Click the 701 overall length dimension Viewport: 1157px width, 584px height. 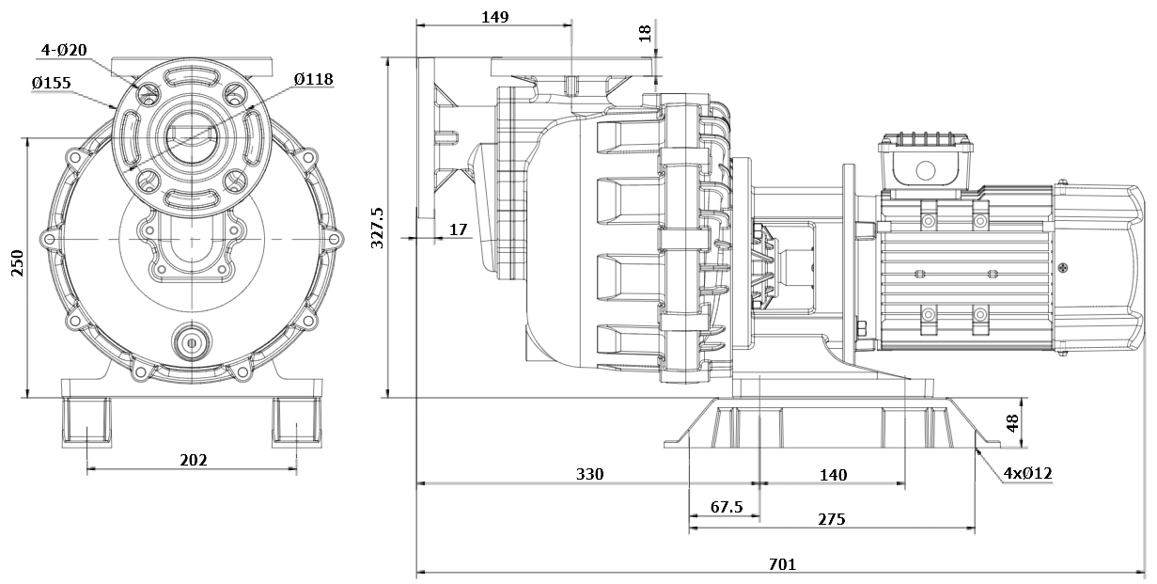point(782,564)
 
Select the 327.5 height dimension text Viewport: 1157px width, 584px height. point(378,227)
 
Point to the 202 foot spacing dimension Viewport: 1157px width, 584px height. point(192,460)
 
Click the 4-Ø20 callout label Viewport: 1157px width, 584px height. point(64,50)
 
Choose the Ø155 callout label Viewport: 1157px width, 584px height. point(51,83)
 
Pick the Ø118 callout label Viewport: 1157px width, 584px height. point(313,80)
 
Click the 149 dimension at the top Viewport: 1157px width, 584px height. point(494,17)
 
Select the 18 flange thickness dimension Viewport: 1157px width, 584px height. point(644,33)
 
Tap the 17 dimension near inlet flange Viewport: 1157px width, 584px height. point(458,229)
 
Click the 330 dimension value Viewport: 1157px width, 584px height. point(589,474)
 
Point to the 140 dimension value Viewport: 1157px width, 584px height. point(833,475)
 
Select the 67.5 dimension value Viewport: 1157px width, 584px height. point(726,507)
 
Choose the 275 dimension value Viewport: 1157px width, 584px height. point(831,518)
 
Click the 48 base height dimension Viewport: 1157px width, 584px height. point(1012,423)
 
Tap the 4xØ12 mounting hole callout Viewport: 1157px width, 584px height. point(1026,474)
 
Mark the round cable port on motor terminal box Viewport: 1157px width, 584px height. point(926,170)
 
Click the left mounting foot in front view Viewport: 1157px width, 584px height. point(86,422)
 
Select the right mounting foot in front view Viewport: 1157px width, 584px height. point(297,422)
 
